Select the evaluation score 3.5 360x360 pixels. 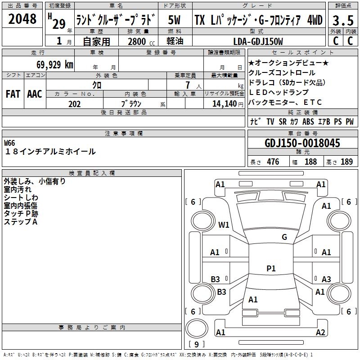[342, 20]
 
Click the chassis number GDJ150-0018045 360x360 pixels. [302, 144]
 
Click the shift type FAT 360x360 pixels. [13, 94]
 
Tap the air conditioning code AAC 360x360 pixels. [35, 94]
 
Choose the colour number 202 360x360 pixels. [74, 104]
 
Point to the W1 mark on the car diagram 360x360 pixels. [224, 225]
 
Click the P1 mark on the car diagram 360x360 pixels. [271, 269]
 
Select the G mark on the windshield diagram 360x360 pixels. [284, 237]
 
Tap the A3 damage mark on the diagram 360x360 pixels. [326, 279]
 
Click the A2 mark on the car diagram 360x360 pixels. [320, 333]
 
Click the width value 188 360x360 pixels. [310, 162]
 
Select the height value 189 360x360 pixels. [346, 162]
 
